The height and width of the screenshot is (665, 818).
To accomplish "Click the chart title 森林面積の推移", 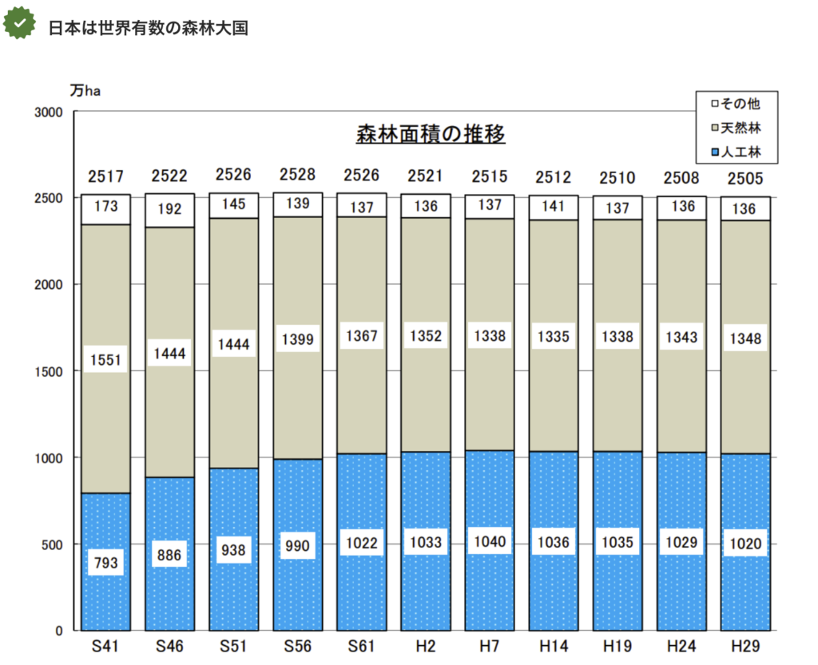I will [431, 134].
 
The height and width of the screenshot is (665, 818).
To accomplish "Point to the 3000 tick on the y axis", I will [49, 113].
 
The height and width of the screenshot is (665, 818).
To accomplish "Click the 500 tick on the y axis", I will [53, 544].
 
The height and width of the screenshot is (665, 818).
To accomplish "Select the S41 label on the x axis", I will [105, 646].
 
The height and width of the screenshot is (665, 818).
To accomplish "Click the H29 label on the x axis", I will [745, 646].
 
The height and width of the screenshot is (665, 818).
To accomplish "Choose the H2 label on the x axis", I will [425, 646].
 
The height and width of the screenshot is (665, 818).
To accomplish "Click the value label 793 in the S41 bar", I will [105, 563].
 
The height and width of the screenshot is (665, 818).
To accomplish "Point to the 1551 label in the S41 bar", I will [105, 360].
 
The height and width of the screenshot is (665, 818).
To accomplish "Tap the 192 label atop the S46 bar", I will [169, 210].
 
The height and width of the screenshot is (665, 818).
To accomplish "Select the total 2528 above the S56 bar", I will [297, 175].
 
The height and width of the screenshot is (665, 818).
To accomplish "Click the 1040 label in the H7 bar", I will [489, 542].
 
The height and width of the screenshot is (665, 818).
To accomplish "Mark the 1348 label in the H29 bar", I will [745, 339].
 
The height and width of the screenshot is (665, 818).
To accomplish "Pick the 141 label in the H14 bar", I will [553, 206].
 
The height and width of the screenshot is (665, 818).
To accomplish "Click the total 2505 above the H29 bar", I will [745, 178].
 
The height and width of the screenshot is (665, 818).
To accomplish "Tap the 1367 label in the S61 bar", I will [361, 337].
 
